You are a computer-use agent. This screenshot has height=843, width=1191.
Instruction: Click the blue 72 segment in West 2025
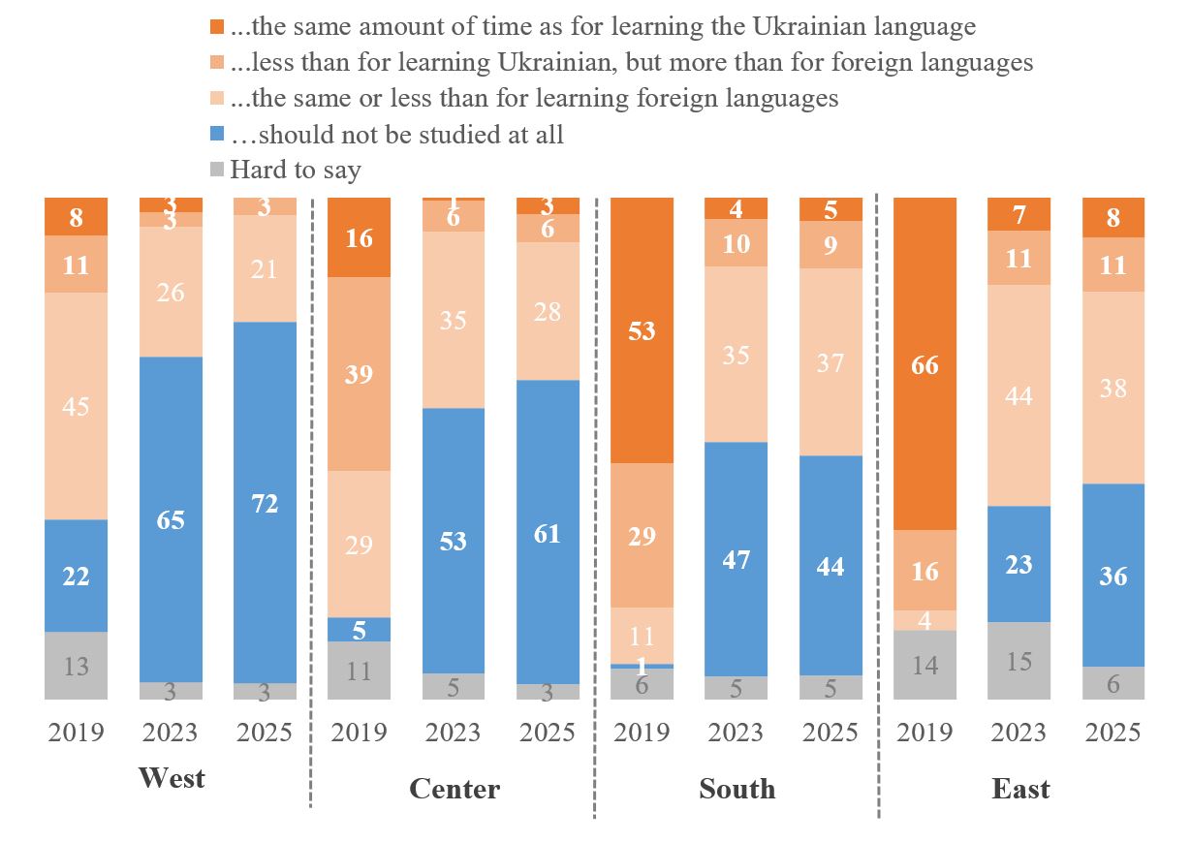coord(266,503)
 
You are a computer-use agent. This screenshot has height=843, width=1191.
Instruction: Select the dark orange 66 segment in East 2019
coord(925,364)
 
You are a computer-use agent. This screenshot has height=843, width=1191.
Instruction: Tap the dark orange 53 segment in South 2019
coord(642,330)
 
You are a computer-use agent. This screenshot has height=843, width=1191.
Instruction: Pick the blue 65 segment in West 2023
coord(171,519)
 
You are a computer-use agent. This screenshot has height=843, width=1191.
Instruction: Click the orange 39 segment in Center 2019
coord(359,374)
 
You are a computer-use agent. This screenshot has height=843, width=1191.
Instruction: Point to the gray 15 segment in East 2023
coord(1019,661)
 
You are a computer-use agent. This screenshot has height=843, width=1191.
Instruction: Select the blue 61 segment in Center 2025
coord(548,532)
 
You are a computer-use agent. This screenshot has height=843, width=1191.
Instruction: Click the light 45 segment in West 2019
coord(76,405)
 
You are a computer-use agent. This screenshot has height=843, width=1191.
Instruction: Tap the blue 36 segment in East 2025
coord(1113,575)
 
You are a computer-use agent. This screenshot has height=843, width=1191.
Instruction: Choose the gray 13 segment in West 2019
coord(76,666)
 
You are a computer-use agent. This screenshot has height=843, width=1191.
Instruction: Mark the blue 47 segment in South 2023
coord(736,559)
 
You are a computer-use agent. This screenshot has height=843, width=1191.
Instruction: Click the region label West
coord(172,778)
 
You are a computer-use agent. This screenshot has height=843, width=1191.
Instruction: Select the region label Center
coord(454,789)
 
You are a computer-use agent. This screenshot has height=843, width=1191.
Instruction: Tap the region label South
coord(737,789)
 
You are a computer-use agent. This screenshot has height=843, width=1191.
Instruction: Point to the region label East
coord(1020,789)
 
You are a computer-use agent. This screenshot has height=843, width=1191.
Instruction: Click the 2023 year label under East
coord(1019,732)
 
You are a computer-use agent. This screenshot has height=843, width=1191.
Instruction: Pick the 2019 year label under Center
coord(359,732)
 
